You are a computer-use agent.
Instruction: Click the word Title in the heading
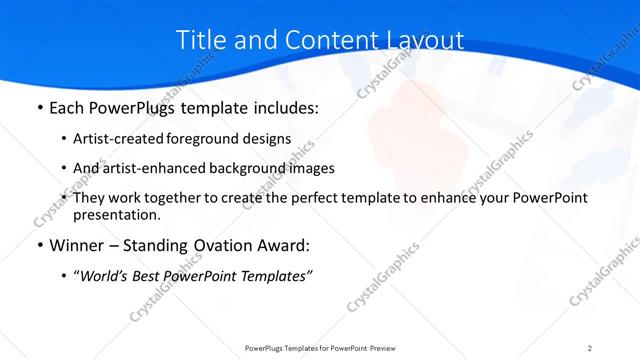[x=200, y=40]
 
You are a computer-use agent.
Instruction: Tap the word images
[x=310, y=168]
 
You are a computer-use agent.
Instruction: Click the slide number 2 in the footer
[x=590, y=348]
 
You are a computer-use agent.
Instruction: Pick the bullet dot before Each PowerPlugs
[x=39, y=108]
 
